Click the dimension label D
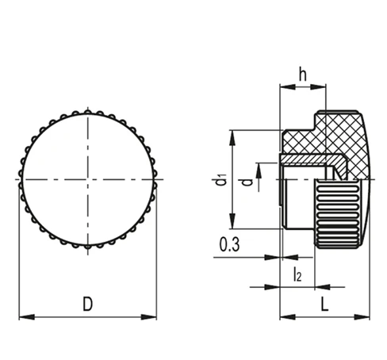[88, 304]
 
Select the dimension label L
[324, 304]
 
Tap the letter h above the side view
[303, 74]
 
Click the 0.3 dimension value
[229, 244]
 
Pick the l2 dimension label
[297, 274]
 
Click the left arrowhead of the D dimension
[27, 317]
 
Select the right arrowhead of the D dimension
[149, 317]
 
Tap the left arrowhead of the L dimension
[288, 317]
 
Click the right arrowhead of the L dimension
[362, 317]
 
